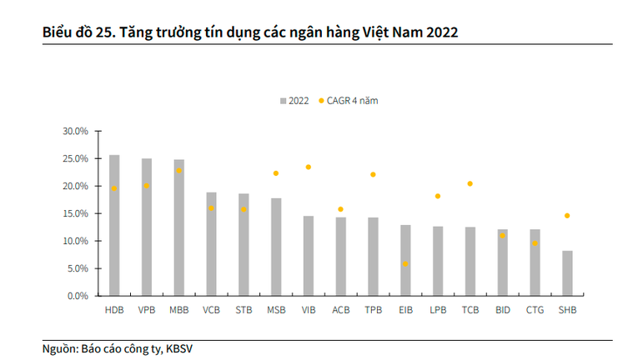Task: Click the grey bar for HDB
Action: pos(114,225)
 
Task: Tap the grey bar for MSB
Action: pos(276,247)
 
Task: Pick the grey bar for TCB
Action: pos(470,261)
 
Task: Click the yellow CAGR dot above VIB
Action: pos(309,167)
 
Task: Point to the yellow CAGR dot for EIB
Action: pos(405,264)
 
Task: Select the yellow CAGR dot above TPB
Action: pos(373,175)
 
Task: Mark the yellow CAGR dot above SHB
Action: pos(567,216)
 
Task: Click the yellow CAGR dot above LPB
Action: pos(438,197)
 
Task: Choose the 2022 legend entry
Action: pos(294,101)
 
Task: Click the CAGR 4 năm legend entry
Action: pos(354,101)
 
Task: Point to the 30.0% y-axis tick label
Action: pos(75,132)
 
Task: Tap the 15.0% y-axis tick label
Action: pos(75,213)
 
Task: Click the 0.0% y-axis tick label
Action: pos(78,296)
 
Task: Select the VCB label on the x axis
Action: pos(211,311)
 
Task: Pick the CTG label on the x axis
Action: pos(535,311)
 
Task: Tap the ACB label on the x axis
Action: pos(340,311)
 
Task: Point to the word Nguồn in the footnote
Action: pos(59,348)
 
